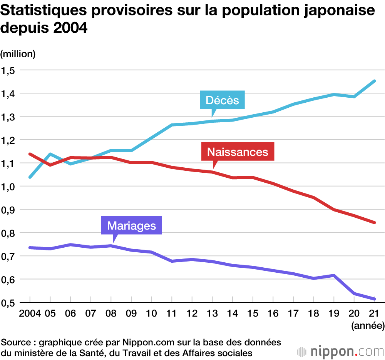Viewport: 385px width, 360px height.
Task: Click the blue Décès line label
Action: (x=223, y=100)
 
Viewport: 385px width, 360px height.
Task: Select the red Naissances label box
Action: (x=238, y=152)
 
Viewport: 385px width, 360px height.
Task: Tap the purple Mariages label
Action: (x=131, y=225)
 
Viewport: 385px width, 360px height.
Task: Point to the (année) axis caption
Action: (x=368, y=326)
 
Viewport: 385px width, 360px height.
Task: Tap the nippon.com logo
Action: (x=340, y=351)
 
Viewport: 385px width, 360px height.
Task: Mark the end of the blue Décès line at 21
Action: (x=374, y=81)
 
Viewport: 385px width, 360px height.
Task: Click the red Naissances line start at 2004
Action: (x=30, y=154)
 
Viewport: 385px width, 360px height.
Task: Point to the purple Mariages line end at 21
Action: (x=374, y=299)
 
